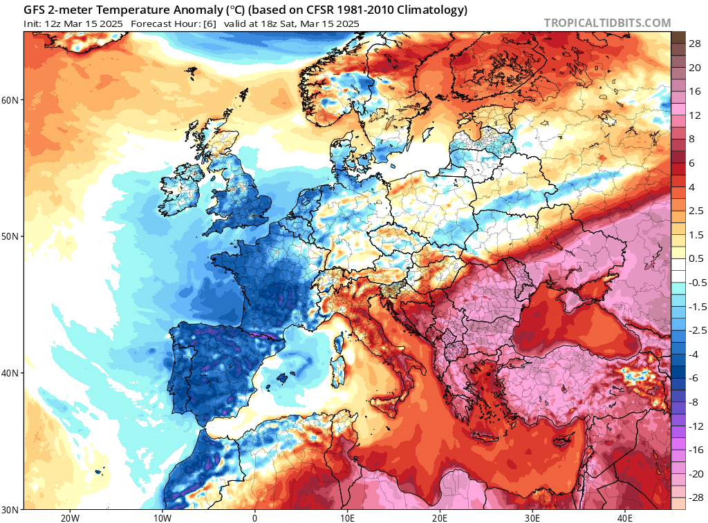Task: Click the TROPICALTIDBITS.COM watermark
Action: click(607, 23)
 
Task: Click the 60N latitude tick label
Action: click(10, 99)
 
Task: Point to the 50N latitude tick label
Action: click(10, 236)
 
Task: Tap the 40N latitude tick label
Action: click(10, 373)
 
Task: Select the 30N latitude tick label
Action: click(10, 509)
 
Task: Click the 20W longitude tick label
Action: click(69, 518)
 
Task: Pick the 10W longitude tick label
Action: click(162, 518)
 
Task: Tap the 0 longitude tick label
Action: click(254, 518)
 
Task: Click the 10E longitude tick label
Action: click(347, 518)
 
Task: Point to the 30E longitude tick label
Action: click(532, 518)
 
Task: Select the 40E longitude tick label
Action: click(625, 518)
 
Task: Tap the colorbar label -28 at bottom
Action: click(695, 497)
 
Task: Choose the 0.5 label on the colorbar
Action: click(695, 258)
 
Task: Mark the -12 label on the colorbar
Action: click(695, 426)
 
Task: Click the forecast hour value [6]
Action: click(209, 23)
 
